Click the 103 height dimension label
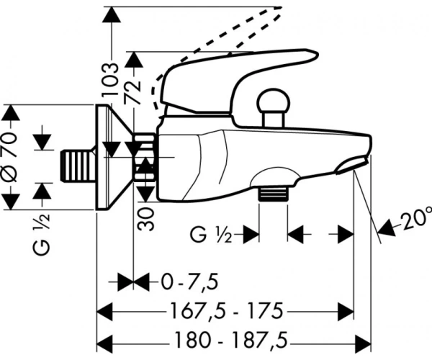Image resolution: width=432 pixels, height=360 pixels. (x=110, y=79)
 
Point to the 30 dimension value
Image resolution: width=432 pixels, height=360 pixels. (x=145, y=220)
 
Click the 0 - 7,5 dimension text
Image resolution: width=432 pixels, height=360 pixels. (x=190, y=282)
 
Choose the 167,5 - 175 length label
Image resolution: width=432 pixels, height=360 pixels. (x=227, y=311)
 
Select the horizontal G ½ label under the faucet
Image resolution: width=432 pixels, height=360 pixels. (x=211, y=235)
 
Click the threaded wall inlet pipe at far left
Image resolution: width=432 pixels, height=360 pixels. (x=78, y=166)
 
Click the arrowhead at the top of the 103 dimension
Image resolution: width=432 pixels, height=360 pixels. (x=111, y=16)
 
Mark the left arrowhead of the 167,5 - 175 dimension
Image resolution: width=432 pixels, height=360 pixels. (x=105, y=312)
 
